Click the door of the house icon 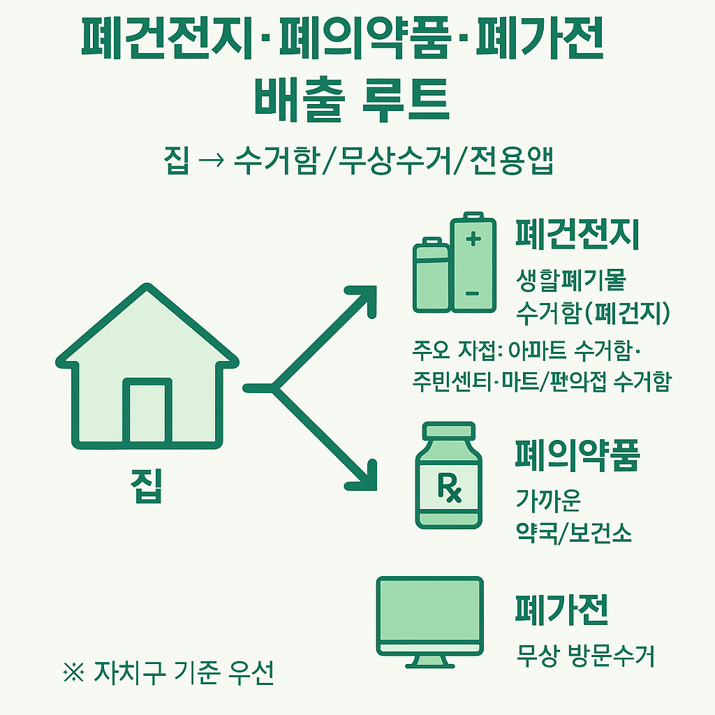[147, 411]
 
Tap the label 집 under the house [147, 485]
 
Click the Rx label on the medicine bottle [449, 487]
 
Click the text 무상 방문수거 [585, 656]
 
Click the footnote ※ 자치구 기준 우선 [168, 674]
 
